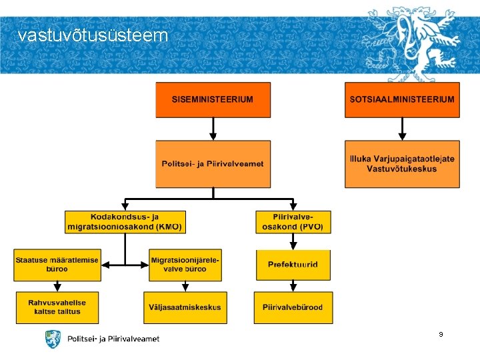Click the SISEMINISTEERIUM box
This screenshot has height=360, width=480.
(213, 100)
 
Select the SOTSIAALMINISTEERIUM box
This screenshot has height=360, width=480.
(402, 100)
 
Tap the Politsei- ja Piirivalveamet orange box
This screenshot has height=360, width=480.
(213, 164)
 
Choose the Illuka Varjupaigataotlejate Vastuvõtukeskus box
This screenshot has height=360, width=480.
(402, 164)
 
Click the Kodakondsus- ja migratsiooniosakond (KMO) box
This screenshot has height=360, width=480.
(125, 222)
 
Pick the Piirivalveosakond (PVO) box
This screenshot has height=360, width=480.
(293, 222)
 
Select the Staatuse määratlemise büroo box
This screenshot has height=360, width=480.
(57, 265)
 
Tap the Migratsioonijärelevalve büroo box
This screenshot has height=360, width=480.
(185, 265)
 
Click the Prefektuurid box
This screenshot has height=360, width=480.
(293, 265)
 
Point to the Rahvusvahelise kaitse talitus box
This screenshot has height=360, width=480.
(57, 307)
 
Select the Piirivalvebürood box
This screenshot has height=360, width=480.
(293, 307)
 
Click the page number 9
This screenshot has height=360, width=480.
(441, 333)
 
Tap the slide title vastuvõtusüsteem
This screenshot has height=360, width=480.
(93, 35)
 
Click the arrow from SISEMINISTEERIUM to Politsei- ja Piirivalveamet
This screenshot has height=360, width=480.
(213, 129)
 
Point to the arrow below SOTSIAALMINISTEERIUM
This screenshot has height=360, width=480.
(402, 129)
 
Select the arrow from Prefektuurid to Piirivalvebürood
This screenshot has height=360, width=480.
(293, 286)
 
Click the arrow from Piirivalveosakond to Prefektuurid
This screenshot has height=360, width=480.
(293, 241)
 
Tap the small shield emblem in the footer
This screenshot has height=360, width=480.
(53, 339)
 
